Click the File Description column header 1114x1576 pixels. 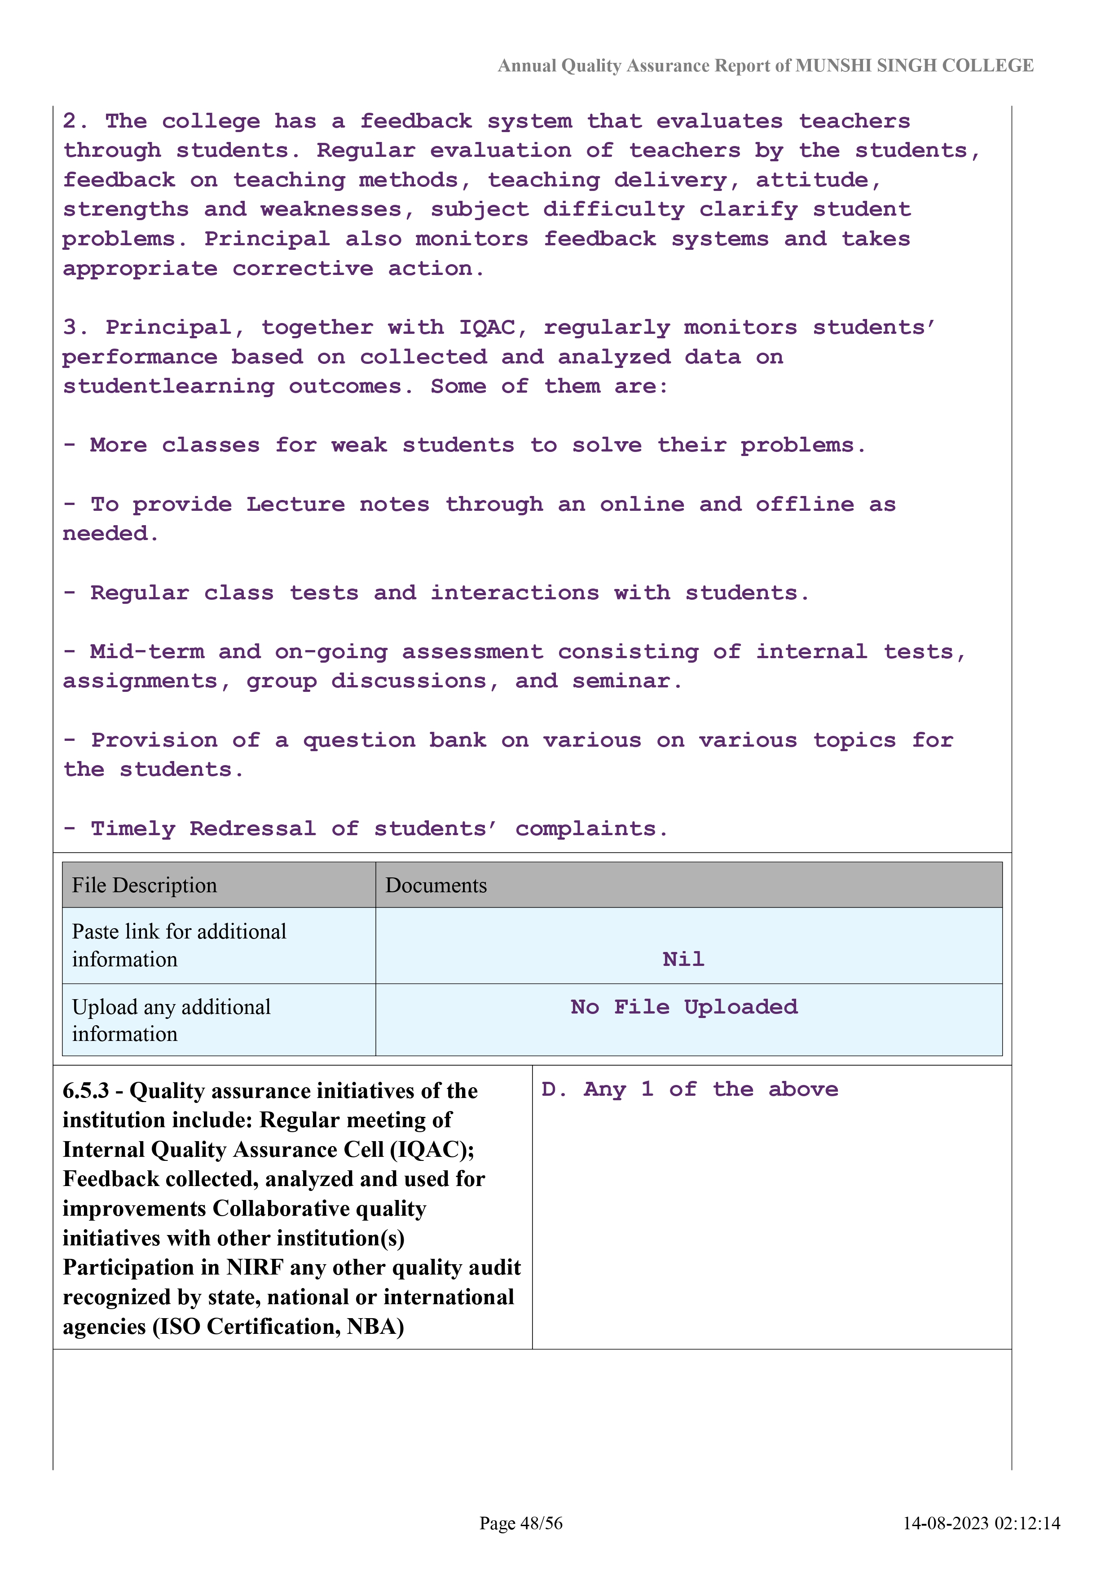click(x=145, y=885)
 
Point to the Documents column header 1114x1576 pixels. click(x=436, y=885)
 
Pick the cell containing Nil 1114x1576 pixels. click(x=683, y=959)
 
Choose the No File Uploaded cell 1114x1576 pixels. click(x=684, y=1007)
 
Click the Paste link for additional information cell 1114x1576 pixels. click(x=179, y=945)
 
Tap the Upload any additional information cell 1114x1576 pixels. click(x=172, y=1020)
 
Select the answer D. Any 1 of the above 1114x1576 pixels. click(x=689, y=1089)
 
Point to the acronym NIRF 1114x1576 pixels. click(x=255, y=1267)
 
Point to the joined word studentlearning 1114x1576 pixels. click(x=168, y=386)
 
